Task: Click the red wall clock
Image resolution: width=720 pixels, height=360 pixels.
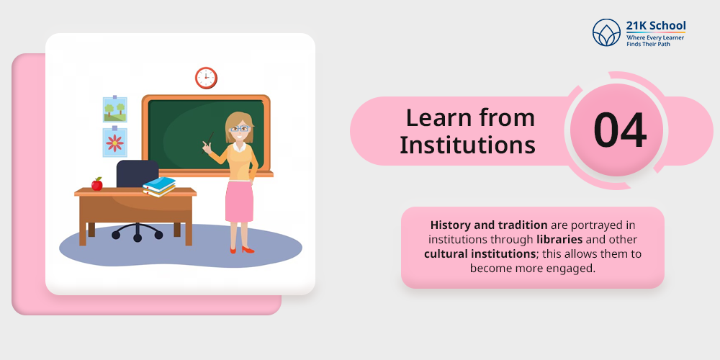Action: (x=206, y=78)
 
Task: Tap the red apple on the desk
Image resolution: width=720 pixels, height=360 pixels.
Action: (x=97, y=184)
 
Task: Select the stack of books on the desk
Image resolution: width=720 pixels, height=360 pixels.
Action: (x=159, y=186)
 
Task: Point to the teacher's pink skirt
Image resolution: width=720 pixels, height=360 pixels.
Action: (x=239, y=201)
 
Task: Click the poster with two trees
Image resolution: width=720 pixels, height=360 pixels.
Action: (x=114, y=109)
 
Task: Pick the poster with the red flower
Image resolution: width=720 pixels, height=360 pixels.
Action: (x=114, y=143)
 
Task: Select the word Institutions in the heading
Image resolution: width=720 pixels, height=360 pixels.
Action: (x=467, y=145)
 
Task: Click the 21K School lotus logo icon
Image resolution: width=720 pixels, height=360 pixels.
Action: (x=606, y=32)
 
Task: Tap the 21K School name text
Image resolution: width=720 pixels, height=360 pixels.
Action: (x=655, y=26)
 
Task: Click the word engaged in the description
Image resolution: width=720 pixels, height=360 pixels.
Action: (x=571, y=268)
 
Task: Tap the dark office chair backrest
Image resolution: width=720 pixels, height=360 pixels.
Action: (x=137, y=175)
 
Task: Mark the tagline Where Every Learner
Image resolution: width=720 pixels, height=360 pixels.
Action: (x=654, y=37)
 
